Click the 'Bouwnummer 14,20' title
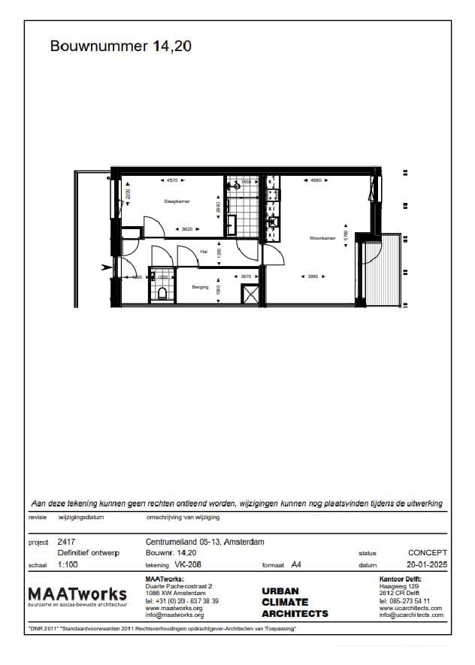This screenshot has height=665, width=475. coord(121,47)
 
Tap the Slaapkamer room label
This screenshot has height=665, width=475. coord(177,201)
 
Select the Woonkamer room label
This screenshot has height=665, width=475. coord(322,239)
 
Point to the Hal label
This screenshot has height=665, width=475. coord(203,252)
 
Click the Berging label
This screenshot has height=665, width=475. coord(200,287)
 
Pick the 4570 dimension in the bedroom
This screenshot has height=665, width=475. coord(172,181)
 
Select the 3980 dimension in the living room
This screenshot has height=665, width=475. coord(313,277)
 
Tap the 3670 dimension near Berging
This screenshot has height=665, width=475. coord(246,277)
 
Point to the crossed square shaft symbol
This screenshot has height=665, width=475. coord(249,294)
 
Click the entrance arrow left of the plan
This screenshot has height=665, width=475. coord(104,265)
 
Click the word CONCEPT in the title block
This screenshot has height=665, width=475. coord(428,552)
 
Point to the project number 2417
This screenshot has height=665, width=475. coord(66,541)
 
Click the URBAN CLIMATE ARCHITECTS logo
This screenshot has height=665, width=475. coord(295,603)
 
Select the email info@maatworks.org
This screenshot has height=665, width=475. coord(174,615)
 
